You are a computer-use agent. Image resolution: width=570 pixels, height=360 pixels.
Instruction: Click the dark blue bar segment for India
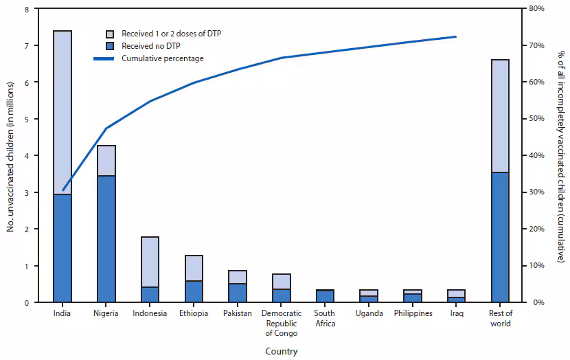62,248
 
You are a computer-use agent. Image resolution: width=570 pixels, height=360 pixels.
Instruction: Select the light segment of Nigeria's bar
106,161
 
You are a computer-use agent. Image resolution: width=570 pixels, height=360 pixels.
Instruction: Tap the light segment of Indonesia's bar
150,262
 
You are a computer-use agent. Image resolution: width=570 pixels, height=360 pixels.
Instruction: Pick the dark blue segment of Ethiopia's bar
194,291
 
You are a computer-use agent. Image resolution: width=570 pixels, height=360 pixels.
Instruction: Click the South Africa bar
325,296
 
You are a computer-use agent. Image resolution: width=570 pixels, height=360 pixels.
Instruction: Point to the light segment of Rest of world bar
500,116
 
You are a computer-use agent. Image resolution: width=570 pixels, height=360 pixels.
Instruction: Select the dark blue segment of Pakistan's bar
238,293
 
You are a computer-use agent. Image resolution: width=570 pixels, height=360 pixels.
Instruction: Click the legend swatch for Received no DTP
110,46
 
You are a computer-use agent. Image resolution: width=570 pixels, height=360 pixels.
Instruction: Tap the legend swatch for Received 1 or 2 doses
110,34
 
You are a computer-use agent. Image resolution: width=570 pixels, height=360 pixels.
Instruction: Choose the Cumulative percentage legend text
163,58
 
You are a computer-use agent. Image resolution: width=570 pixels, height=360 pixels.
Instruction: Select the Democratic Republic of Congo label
281,324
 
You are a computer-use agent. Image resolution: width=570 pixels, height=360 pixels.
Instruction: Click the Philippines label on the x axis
413,314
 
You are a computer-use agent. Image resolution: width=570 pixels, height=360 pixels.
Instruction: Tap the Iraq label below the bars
456,314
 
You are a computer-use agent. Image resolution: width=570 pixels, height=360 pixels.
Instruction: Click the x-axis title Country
281,351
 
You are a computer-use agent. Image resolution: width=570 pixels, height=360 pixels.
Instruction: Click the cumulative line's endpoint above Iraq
456,36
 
